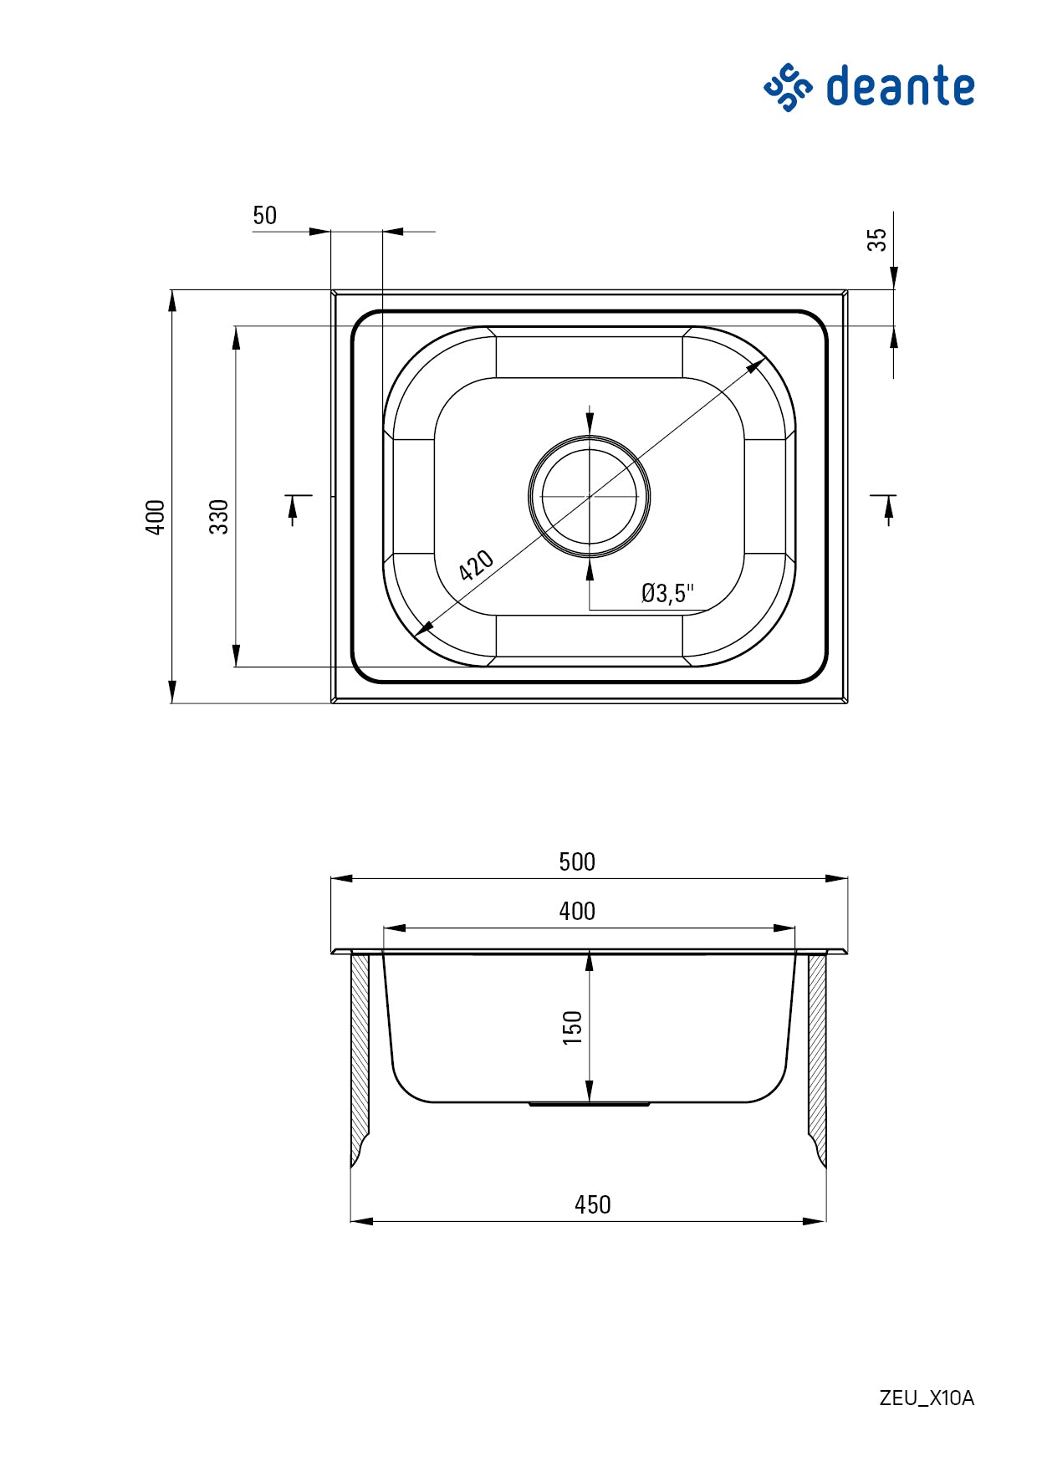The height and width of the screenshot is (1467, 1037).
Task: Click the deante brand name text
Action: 900,87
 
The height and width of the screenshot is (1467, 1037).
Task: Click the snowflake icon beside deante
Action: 788,87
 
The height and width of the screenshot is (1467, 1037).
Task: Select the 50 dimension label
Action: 264,216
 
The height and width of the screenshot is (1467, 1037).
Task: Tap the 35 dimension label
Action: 876,240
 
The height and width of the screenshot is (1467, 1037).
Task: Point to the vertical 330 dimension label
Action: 219,516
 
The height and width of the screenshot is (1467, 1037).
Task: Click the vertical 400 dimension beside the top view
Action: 156,516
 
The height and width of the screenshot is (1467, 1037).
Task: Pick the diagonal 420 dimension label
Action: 477,566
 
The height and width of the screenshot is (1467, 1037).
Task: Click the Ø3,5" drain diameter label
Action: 667,593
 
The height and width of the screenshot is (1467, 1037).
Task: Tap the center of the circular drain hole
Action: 590,496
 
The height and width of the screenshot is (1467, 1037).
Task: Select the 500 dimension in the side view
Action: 576,861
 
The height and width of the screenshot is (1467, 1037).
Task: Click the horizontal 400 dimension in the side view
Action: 576,911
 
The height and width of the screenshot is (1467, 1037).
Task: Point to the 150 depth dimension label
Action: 572,1027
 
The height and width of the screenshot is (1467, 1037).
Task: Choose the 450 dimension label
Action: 592,1204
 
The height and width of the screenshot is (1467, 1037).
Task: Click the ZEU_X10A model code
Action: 927,1398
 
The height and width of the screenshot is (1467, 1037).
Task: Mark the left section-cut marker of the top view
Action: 294,506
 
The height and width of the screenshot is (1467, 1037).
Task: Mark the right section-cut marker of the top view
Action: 888,506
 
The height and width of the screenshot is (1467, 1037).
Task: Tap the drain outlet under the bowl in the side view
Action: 590,1105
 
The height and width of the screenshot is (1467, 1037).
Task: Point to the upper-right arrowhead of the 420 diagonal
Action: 757,365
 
